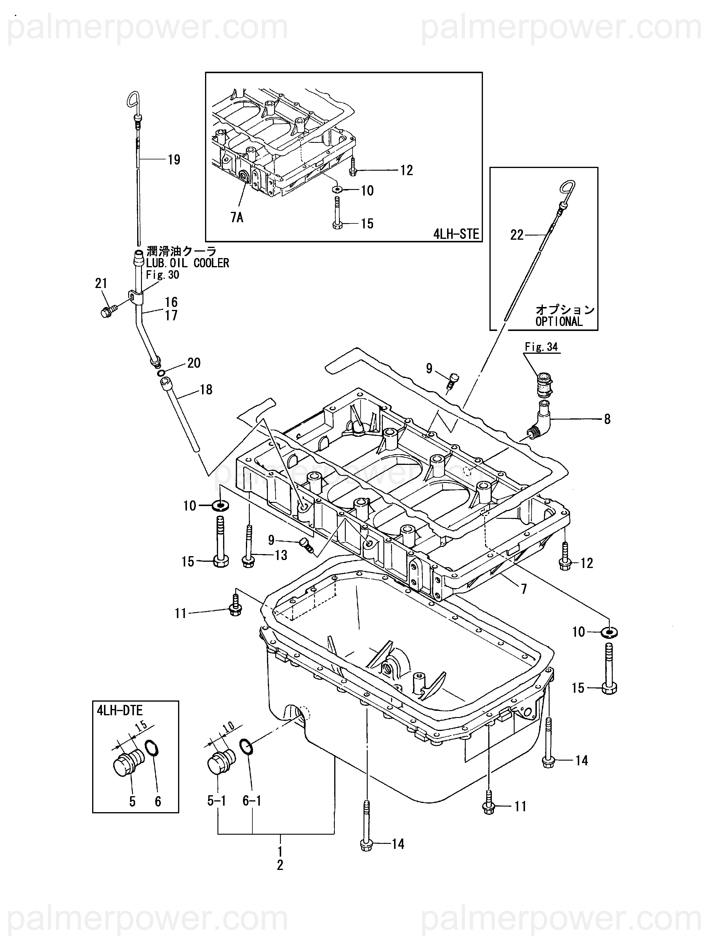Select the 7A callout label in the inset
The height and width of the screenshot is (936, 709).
(237, 217)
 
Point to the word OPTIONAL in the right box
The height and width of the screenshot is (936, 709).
(559, 321)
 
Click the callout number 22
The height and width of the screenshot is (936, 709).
(517, 235)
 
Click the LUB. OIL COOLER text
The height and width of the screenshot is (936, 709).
(188, 263)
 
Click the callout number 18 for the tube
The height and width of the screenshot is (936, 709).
(206, 389)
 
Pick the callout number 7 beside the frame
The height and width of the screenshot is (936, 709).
(524, 589)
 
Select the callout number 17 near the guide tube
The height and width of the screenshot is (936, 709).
(171, 315)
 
